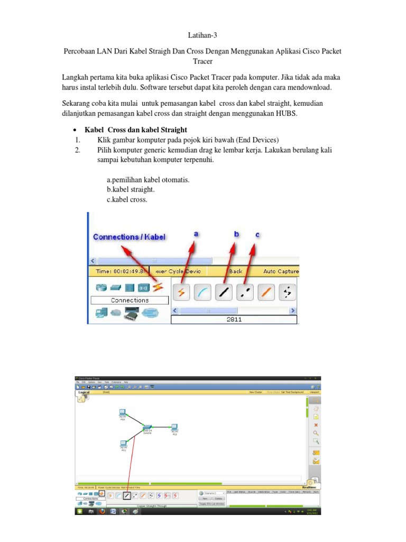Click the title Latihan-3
202,35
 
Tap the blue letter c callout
257,234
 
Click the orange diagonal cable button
267,291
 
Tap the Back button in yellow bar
236,271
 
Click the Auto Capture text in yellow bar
281,271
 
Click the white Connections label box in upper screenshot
130,300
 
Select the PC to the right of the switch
174,427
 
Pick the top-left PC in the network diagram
122,412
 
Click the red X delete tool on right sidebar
316,424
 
